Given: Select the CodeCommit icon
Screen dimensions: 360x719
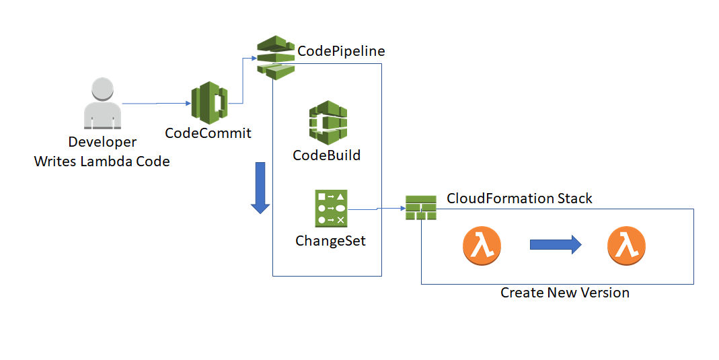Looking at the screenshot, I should (209, 103).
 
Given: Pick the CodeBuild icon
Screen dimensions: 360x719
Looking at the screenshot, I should (328, 122).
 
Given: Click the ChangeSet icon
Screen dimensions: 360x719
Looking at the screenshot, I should (330, 208).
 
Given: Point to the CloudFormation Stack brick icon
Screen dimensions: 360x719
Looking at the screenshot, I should (421, 207).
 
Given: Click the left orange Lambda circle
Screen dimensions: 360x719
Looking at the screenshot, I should (482, 246).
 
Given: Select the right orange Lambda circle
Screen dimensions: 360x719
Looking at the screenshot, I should (626, 246).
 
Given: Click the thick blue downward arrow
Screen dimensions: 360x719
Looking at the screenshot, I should (260, 190).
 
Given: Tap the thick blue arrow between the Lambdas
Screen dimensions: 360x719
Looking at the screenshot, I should (555, 246).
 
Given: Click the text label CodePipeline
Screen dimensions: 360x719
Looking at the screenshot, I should (341, 51).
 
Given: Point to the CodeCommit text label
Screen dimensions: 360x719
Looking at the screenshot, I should (208, 133).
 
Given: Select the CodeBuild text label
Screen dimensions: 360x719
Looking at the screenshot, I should (327, 155).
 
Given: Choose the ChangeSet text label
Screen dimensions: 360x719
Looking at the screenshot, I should (330, 240).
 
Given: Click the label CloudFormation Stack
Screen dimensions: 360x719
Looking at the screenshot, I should (519, 199).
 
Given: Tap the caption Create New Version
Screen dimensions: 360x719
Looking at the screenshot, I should (565, 293).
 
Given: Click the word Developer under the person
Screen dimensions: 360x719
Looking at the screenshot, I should (102, 142).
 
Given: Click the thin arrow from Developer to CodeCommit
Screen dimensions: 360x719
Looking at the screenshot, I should (156, 104).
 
